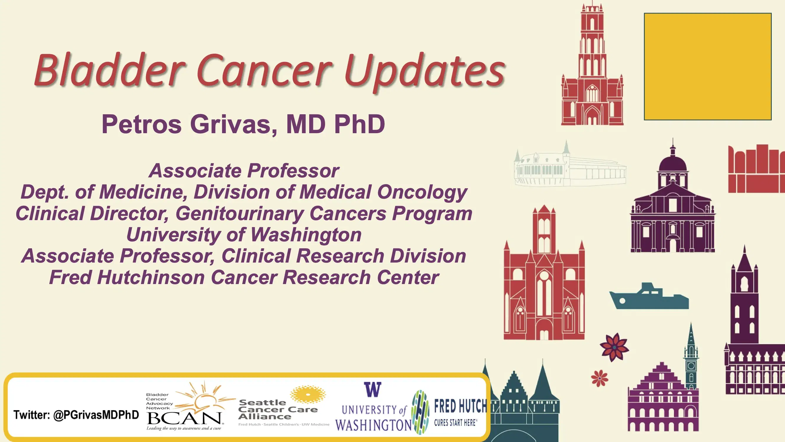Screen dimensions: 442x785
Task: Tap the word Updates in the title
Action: (x=425, y=71)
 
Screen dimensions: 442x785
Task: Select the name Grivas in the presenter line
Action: (x=233, y=124)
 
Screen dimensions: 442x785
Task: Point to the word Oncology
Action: (x=422, y=192)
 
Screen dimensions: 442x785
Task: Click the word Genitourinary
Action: (x=239, y=214)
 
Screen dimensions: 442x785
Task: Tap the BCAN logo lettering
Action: (x=185, y=418)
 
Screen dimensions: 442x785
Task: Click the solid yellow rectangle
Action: (x=708, y=67)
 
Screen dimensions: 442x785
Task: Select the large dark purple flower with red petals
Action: (x=614, y=347)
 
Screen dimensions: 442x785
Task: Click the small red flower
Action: (x=599, y=378)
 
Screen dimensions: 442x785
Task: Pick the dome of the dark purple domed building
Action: (x=673, y=163)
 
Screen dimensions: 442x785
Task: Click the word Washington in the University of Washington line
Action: (x=306, y=235)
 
